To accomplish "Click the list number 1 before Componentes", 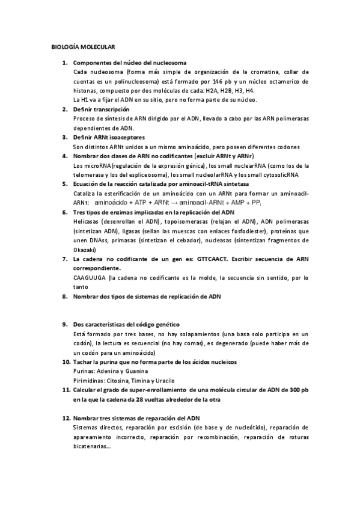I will click(65, 63).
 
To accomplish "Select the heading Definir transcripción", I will click(100, 109).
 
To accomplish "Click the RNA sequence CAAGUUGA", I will click(89, 278).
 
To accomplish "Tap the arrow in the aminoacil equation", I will click(174, 203).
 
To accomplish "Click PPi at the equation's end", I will click(254, 203).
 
